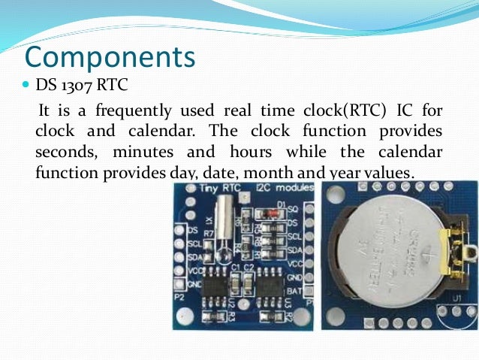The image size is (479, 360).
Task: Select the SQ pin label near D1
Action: point(294,206)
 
